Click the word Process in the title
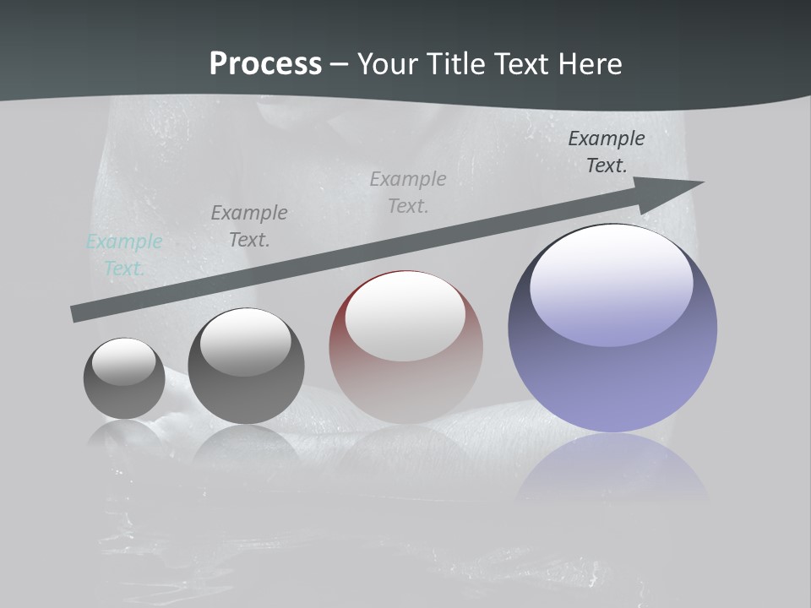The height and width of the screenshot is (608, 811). click(x=265, y=63)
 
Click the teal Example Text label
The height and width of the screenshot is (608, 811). click(x=124, y=255)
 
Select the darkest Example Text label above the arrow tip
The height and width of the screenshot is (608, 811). click(x=606, y=152)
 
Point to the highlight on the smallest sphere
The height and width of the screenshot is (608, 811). click(x=123, y=361)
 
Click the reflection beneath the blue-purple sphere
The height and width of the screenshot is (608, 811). click(x=612, y=469)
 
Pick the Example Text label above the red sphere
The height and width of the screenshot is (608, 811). click(x=408, y=193)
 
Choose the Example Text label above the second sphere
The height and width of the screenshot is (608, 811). click(x=249, y=226)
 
